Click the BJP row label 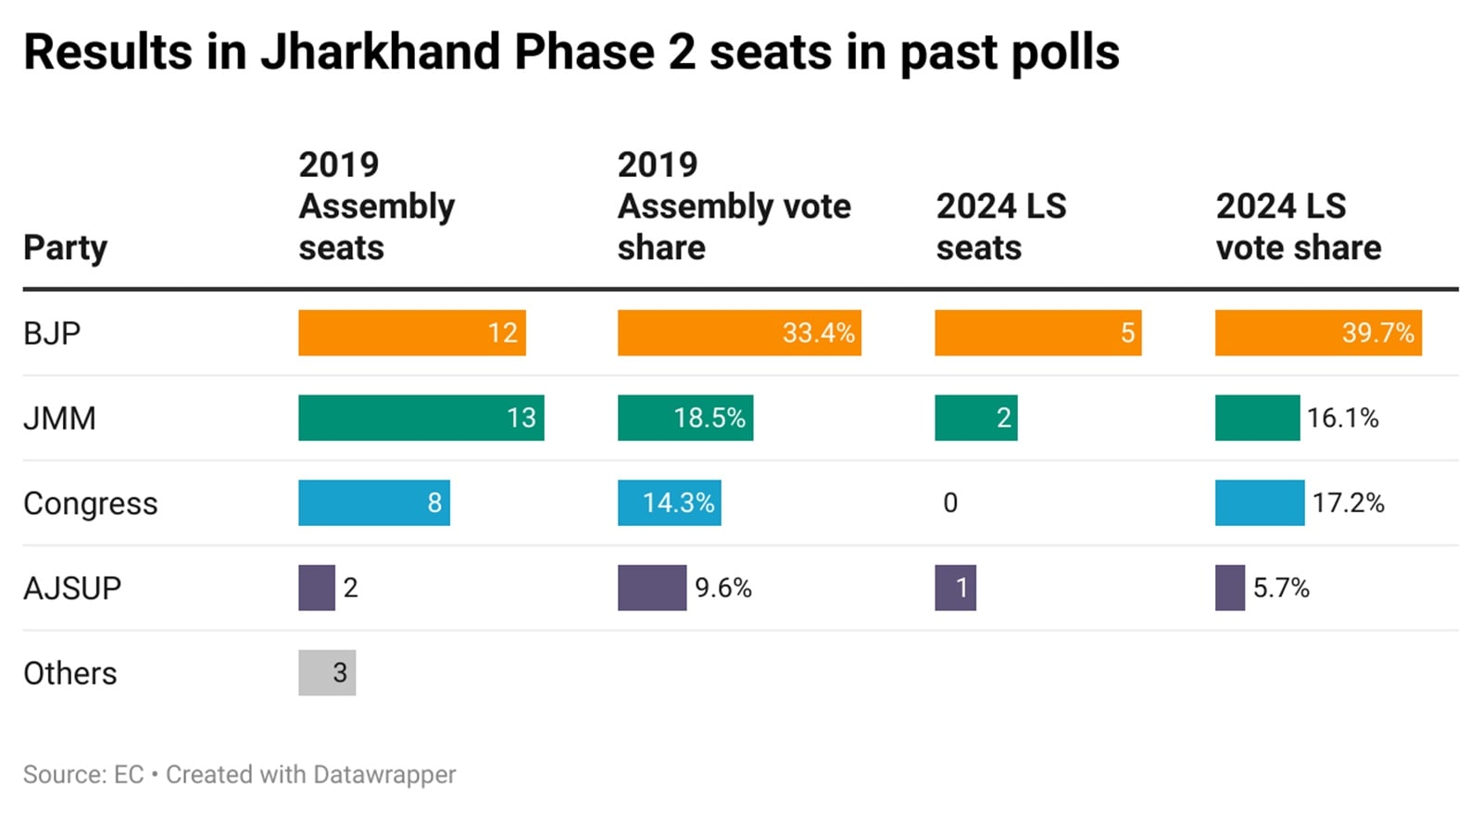pos(52,332)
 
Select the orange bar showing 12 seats pos(411,332)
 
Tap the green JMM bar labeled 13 pos(421,418)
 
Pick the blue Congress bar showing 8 pos(373,503)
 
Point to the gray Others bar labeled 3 pos(327,673)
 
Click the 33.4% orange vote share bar pos(738,332)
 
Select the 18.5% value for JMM pos(709,418)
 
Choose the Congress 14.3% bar pos(669,503)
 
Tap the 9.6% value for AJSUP pos(722,588)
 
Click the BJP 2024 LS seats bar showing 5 pos(1037,332)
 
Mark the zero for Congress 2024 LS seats pos(950,503)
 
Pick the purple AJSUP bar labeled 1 pos(955,588)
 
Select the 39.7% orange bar pos(1317,332)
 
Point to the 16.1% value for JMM pos(1342,418)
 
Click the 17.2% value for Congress pos(1348,503)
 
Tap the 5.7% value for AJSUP pos(1281,588)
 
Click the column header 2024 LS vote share pos(1298,227)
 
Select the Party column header pos(65,248)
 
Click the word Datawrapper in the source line pos(383,774)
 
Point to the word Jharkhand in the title pos(380,52)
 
